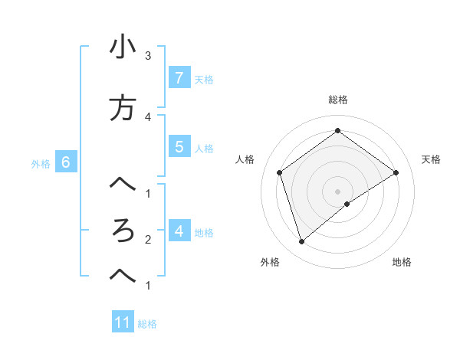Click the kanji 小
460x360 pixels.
123,48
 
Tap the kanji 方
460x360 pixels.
123,108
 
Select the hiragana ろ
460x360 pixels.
123,231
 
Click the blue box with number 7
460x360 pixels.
179,77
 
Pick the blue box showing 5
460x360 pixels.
179,147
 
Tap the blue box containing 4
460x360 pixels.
179,231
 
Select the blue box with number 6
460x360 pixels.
66,162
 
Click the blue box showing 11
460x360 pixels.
123,322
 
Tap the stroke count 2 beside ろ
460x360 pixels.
148,240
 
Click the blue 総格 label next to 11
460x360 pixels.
147,324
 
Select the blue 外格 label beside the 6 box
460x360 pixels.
41,163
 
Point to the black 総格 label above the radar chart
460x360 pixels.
337,100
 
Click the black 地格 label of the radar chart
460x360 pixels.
402,262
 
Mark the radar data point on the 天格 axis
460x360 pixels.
396,172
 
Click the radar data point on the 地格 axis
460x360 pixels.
347,204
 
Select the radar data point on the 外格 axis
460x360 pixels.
301,242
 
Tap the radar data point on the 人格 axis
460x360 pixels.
280,172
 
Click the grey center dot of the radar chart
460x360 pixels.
337,191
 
